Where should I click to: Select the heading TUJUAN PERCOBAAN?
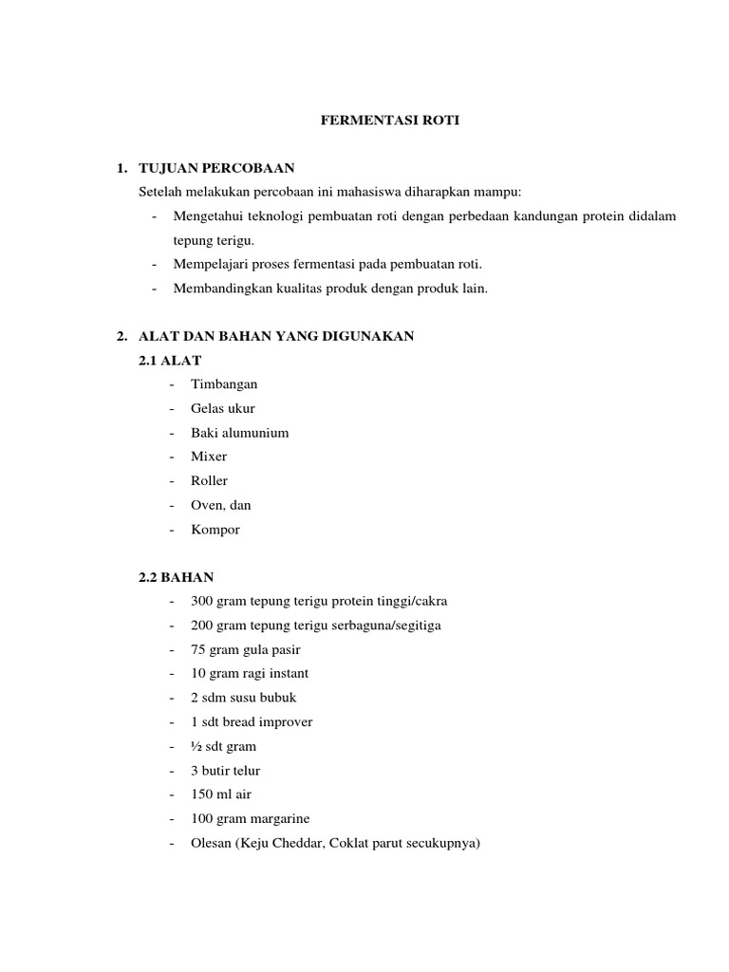pos(216,169)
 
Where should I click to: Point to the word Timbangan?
pos(224,384)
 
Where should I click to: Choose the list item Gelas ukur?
pos(222,409)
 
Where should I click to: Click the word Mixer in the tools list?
pos(209,457)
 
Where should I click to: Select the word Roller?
pos(209,481)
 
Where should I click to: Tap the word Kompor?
pos(215,530)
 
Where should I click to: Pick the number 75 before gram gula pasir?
pos(197,650)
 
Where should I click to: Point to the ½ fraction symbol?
pos(196,747)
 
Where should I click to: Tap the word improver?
pos(283,722)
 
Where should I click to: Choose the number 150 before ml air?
pos(201,794)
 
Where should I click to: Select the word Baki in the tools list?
pos(202,433)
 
